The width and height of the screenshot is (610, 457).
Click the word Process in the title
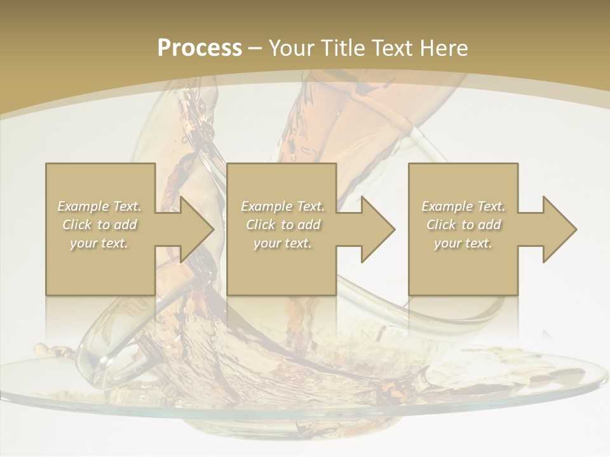point(200,48)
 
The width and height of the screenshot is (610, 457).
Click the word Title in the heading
point(344,48)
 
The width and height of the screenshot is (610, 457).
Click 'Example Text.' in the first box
point(100,206)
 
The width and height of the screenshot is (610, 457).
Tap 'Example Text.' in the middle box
point(283,206)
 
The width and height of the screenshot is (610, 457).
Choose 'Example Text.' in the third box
point(463,206)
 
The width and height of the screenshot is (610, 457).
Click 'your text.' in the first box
point(100,243)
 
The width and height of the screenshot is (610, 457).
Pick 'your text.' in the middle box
point(283,243)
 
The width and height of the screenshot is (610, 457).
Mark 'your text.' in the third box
point(463,243)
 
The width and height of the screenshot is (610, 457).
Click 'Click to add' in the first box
point(100,225)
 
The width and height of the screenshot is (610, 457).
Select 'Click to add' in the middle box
point(283,225)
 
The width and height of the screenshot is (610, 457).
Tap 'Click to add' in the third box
point(463,225)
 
